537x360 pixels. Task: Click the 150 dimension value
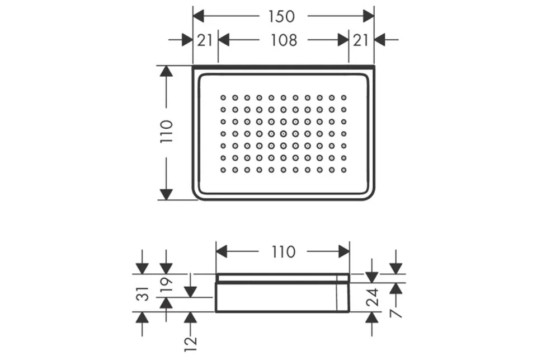click(281, 16)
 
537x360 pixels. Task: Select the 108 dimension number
click(284, 40)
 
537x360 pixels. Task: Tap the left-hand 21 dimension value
click(205, 40)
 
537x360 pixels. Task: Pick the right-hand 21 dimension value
click(361, 40)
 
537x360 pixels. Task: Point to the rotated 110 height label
click(167, 132)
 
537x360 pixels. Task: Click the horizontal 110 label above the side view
click(284, 252)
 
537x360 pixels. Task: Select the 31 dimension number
click(143, 294)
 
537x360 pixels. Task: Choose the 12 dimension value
click(190, 344)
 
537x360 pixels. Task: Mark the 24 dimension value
click(373, 297)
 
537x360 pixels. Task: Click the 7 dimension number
click(396, 313)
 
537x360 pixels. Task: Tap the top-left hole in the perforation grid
click(223, 98)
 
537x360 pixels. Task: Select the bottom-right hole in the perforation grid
click(344, 170)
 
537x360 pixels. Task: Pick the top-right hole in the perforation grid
click(344, 98)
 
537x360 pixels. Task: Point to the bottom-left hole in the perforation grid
click(223, 170)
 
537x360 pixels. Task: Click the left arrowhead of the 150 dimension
click(198, 16)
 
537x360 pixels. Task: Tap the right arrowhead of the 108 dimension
click(343, 40)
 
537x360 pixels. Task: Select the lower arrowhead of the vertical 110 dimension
click(166, 194)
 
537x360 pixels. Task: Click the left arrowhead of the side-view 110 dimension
click(222, 251)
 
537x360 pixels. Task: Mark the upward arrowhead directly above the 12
click(190, 317)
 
